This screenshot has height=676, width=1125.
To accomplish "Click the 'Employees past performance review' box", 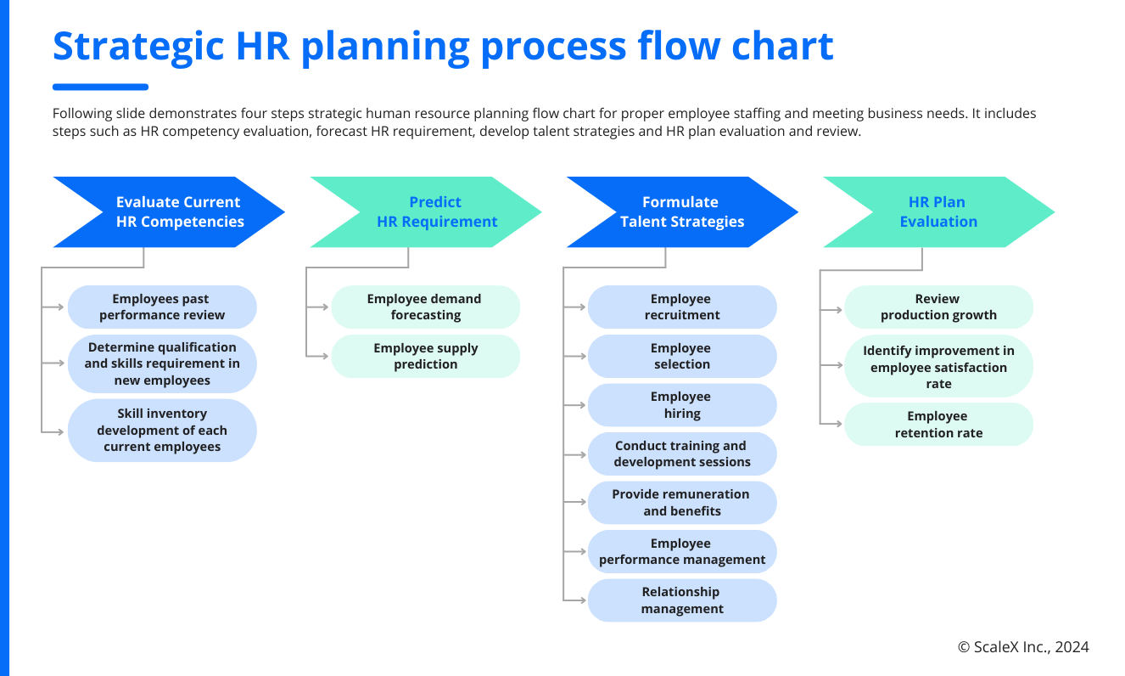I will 162,307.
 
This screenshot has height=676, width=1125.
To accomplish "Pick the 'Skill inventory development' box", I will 162,431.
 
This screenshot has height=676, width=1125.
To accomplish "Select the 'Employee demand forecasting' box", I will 425,307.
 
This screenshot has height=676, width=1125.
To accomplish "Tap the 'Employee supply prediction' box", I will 425,357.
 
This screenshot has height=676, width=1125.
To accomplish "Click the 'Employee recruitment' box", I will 682,307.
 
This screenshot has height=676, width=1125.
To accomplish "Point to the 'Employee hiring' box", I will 682,405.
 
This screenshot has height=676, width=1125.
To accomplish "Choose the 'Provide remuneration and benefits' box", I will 682,503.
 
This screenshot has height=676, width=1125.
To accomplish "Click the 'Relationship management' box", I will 682,600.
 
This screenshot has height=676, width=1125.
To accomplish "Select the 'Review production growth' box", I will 938,307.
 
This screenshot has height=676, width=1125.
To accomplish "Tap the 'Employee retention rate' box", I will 938,425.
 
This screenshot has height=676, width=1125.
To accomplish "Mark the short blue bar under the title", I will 100,87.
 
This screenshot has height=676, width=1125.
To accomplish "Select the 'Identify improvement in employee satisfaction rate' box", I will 938,367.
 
